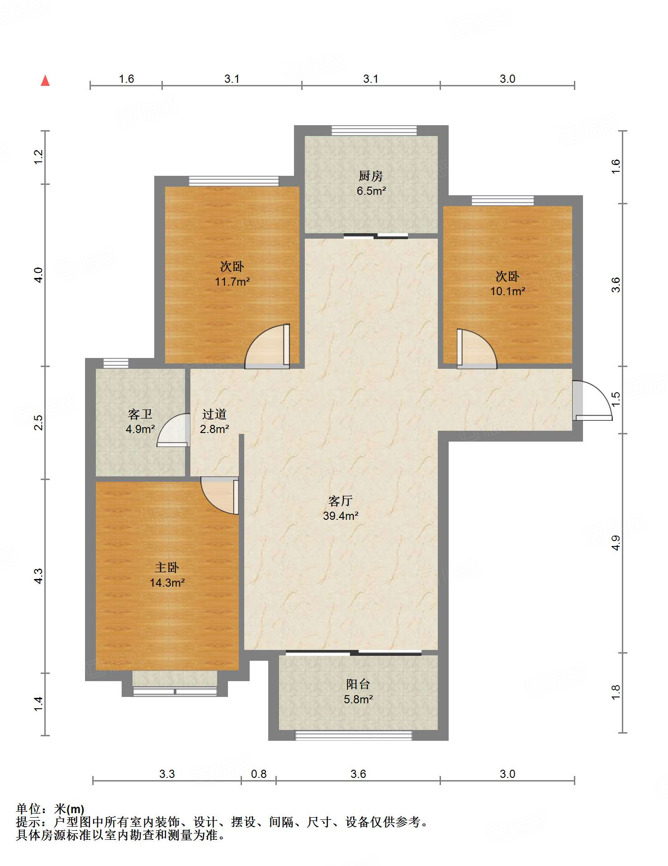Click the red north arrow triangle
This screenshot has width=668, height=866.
(x=45, y=80)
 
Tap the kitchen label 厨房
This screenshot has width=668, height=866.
(x=371, y=176)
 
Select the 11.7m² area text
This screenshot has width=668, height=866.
(x=232, y=282)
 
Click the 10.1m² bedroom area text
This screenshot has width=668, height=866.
(x=508, y=291)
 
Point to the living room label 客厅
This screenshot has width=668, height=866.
(x=341, y=501)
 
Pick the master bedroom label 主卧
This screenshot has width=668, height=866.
(x=167, y=568)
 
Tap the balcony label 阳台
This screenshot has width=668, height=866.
(x=358, y=684)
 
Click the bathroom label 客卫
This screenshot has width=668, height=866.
(x=140, y=414)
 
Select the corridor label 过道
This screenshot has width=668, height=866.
(x=214, y=414)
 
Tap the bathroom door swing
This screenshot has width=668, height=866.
(x=173, y=430)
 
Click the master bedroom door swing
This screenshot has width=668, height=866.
(x=220, y=495)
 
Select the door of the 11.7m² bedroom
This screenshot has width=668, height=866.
(x=267, y=346)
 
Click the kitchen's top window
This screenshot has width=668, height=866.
(x=374, y=131)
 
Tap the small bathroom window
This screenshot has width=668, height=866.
(x=116, y=363)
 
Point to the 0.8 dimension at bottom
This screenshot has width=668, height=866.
(x=259, y=774)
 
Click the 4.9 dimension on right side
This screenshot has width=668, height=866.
(x=616, y=542)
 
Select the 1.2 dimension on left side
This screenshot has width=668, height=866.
(x=38, y=156)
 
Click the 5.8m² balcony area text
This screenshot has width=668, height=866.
(x=358, y=699)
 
